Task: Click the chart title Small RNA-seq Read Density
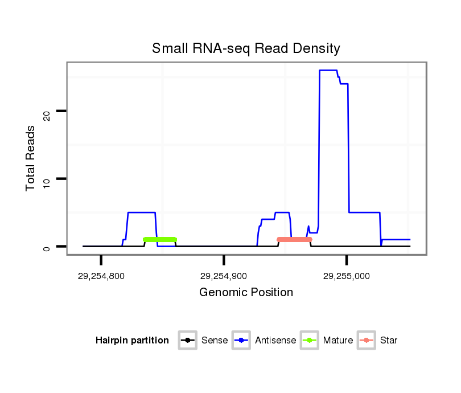point(246,48)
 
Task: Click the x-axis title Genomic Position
point(246,293)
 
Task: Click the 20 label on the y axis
point(48,115)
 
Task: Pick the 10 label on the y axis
point(48,182)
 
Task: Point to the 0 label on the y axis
point(48,249)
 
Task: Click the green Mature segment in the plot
point(160,240)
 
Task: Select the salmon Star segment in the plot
point(294,240)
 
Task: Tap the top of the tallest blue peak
point(328,70)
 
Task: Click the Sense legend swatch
point(187,341)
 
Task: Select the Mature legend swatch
point(309,341)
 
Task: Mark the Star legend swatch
point(367,341)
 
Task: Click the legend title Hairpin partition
point(132,341)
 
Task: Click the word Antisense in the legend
point(275,341)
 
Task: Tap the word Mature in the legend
point(338,341)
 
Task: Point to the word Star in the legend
point(388,341)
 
